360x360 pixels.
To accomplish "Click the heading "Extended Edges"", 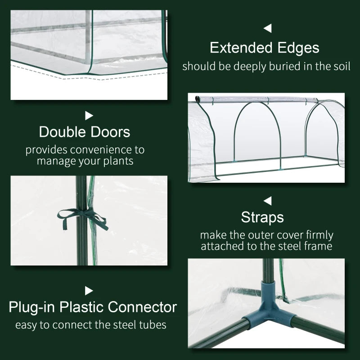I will (x=264, y=48).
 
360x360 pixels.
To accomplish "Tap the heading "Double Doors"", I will (x=85, y=132).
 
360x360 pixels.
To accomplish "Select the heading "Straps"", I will (x=262, y=217).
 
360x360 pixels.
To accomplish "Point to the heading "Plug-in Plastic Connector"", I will (x=93, y=307).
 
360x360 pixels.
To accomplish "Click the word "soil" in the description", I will (x=340, y=67).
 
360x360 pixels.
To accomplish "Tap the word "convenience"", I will (x=101, y=149).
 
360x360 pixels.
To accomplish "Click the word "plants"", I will (x=118, y=161).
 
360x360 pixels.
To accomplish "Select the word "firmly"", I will (x=318, y=235).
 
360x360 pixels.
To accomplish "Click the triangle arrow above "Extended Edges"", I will (x=268, y=29).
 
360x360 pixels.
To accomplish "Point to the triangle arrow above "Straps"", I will (x=268, y=200).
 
